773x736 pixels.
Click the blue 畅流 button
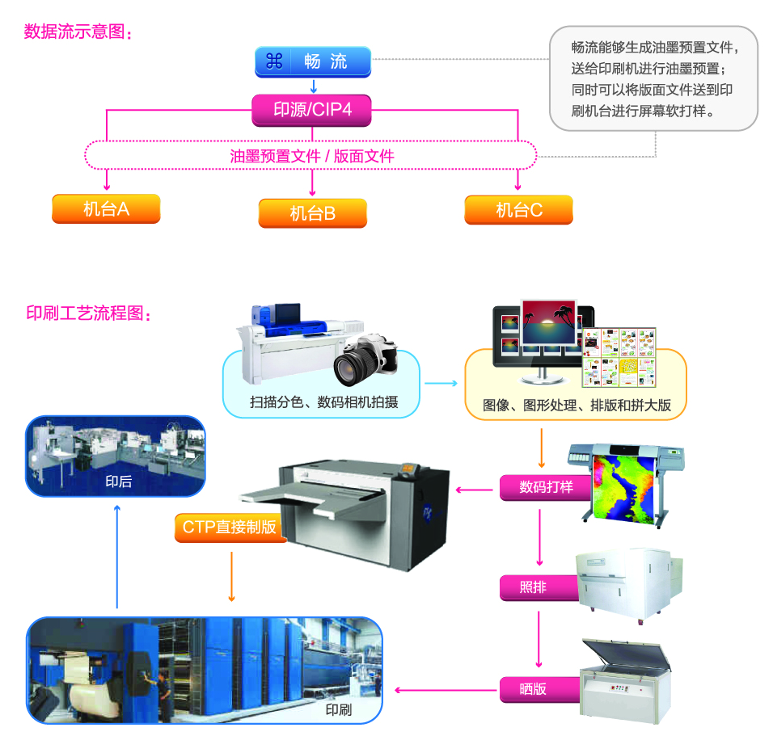tap(313, 61)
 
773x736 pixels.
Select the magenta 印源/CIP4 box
tap(312, 110)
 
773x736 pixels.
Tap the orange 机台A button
tap(106, 209)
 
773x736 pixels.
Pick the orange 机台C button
tap(518, 210)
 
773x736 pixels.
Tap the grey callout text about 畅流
tap(653, 78)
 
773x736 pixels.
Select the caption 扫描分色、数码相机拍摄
tap(323, 402)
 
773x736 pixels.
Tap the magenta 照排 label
tap(534, 587)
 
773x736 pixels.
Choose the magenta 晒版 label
tap(534, 689)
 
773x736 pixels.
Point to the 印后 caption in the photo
tap(118, 482)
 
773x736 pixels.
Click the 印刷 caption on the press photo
tap(338, 710)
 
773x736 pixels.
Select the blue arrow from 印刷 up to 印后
tap(117, 557)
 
